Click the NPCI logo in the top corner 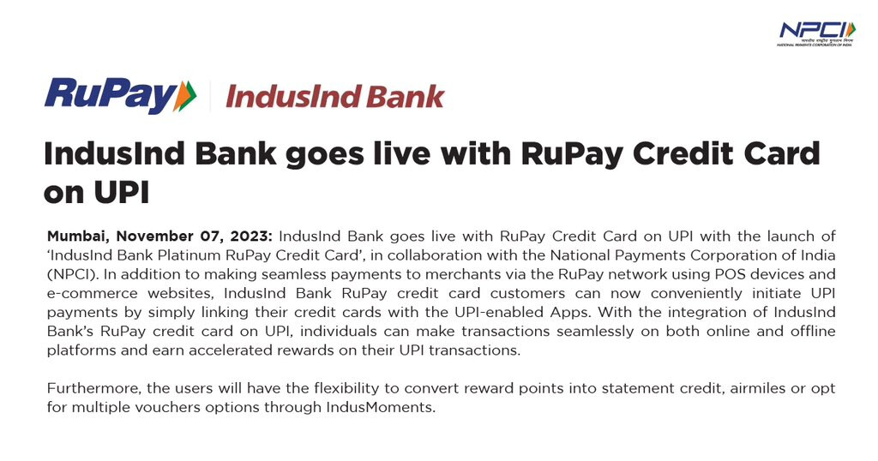816,34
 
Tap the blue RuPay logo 120,96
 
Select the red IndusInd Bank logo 335,96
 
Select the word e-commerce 93,293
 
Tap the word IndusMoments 381,407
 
